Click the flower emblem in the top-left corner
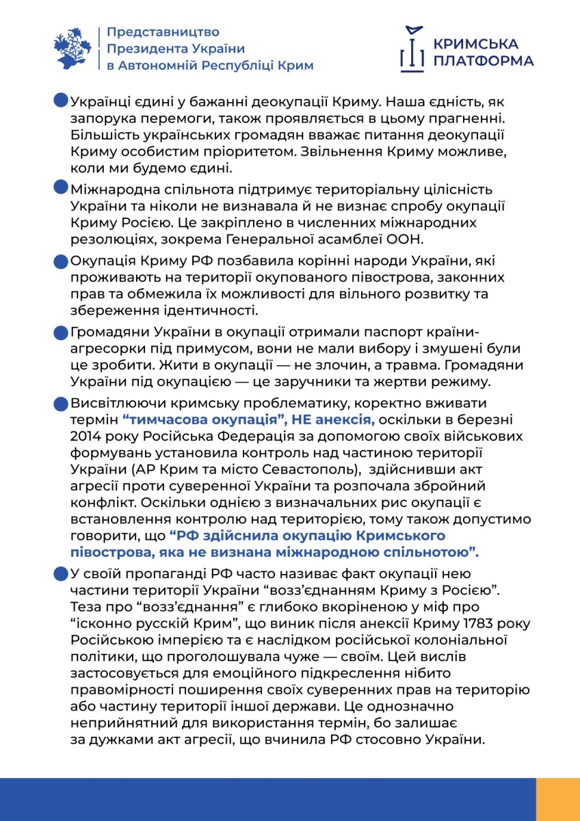[72, 48]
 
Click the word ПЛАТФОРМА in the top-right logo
[484, 62]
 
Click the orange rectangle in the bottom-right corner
[557, 799]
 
